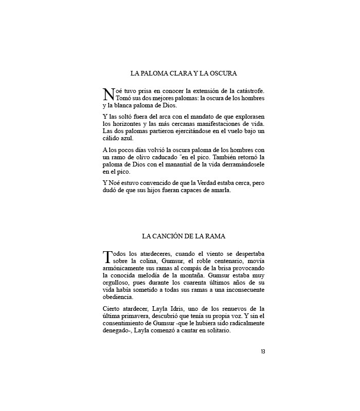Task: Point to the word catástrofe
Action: [x=248, y=90]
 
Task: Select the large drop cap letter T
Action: [x=108, y=256]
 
